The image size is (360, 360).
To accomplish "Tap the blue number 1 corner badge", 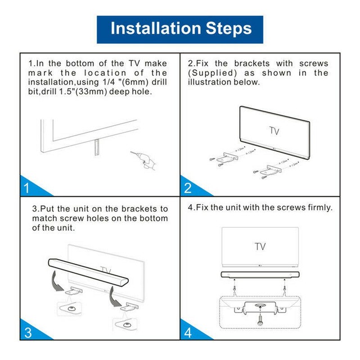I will point(27,187).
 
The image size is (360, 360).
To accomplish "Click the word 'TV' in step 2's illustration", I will point(274,131).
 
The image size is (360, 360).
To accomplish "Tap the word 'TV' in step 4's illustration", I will point(260,246).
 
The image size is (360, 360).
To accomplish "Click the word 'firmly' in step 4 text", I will point(318,208).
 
